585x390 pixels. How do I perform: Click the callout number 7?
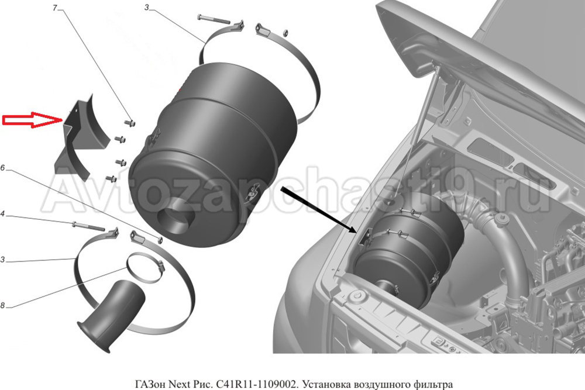(55, 8)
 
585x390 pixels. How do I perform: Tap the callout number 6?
(2, 168)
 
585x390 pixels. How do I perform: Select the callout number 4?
(2, 214)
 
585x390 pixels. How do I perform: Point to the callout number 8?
(2, 306)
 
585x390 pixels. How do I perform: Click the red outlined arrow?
(32, 120)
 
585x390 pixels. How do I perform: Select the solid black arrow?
(318, 209)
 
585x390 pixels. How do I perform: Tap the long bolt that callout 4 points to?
(89, 226)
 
